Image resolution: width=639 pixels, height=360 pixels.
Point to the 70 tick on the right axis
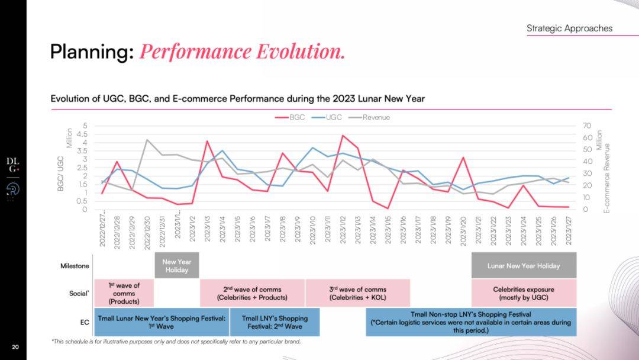(587, 126)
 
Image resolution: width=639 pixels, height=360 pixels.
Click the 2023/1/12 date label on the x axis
(343, 227)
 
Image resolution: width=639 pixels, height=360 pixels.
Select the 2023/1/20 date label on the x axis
(464, 227)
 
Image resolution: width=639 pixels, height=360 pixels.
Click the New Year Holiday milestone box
(177, 266)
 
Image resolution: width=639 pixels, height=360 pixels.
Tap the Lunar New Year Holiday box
(524, 266)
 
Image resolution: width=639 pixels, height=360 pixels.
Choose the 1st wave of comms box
(124, 293)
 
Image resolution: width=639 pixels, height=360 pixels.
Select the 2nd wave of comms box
(252, 293)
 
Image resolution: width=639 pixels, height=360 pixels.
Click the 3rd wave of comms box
(357, 293)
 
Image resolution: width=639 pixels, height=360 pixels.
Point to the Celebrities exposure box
(524, 293)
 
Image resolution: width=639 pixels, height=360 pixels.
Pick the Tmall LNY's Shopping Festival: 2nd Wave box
(275, 322)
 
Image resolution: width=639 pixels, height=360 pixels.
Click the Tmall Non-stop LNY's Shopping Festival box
(470, 322)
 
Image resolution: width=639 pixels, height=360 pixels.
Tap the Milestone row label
(75, 266)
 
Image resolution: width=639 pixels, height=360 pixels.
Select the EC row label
(83, 322)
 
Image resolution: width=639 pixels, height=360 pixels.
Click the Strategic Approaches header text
(569, 28)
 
